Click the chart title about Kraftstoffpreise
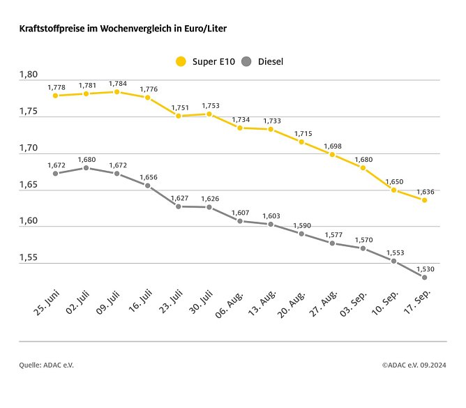click(123, 29)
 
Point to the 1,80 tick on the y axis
click(29, 74)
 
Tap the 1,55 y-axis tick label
click(29, 257)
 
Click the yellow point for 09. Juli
click(117, 91)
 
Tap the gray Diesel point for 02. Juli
click(87, 168)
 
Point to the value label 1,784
click(118, 82)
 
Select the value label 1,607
click(241, 211)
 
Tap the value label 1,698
click(333, 145)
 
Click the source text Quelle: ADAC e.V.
click(46, 365)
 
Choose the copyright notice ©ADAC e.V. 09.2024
click(414, 365)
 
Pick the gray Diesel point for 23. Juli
click(179, 206)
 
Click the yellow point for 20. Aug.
click(301, 142)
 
